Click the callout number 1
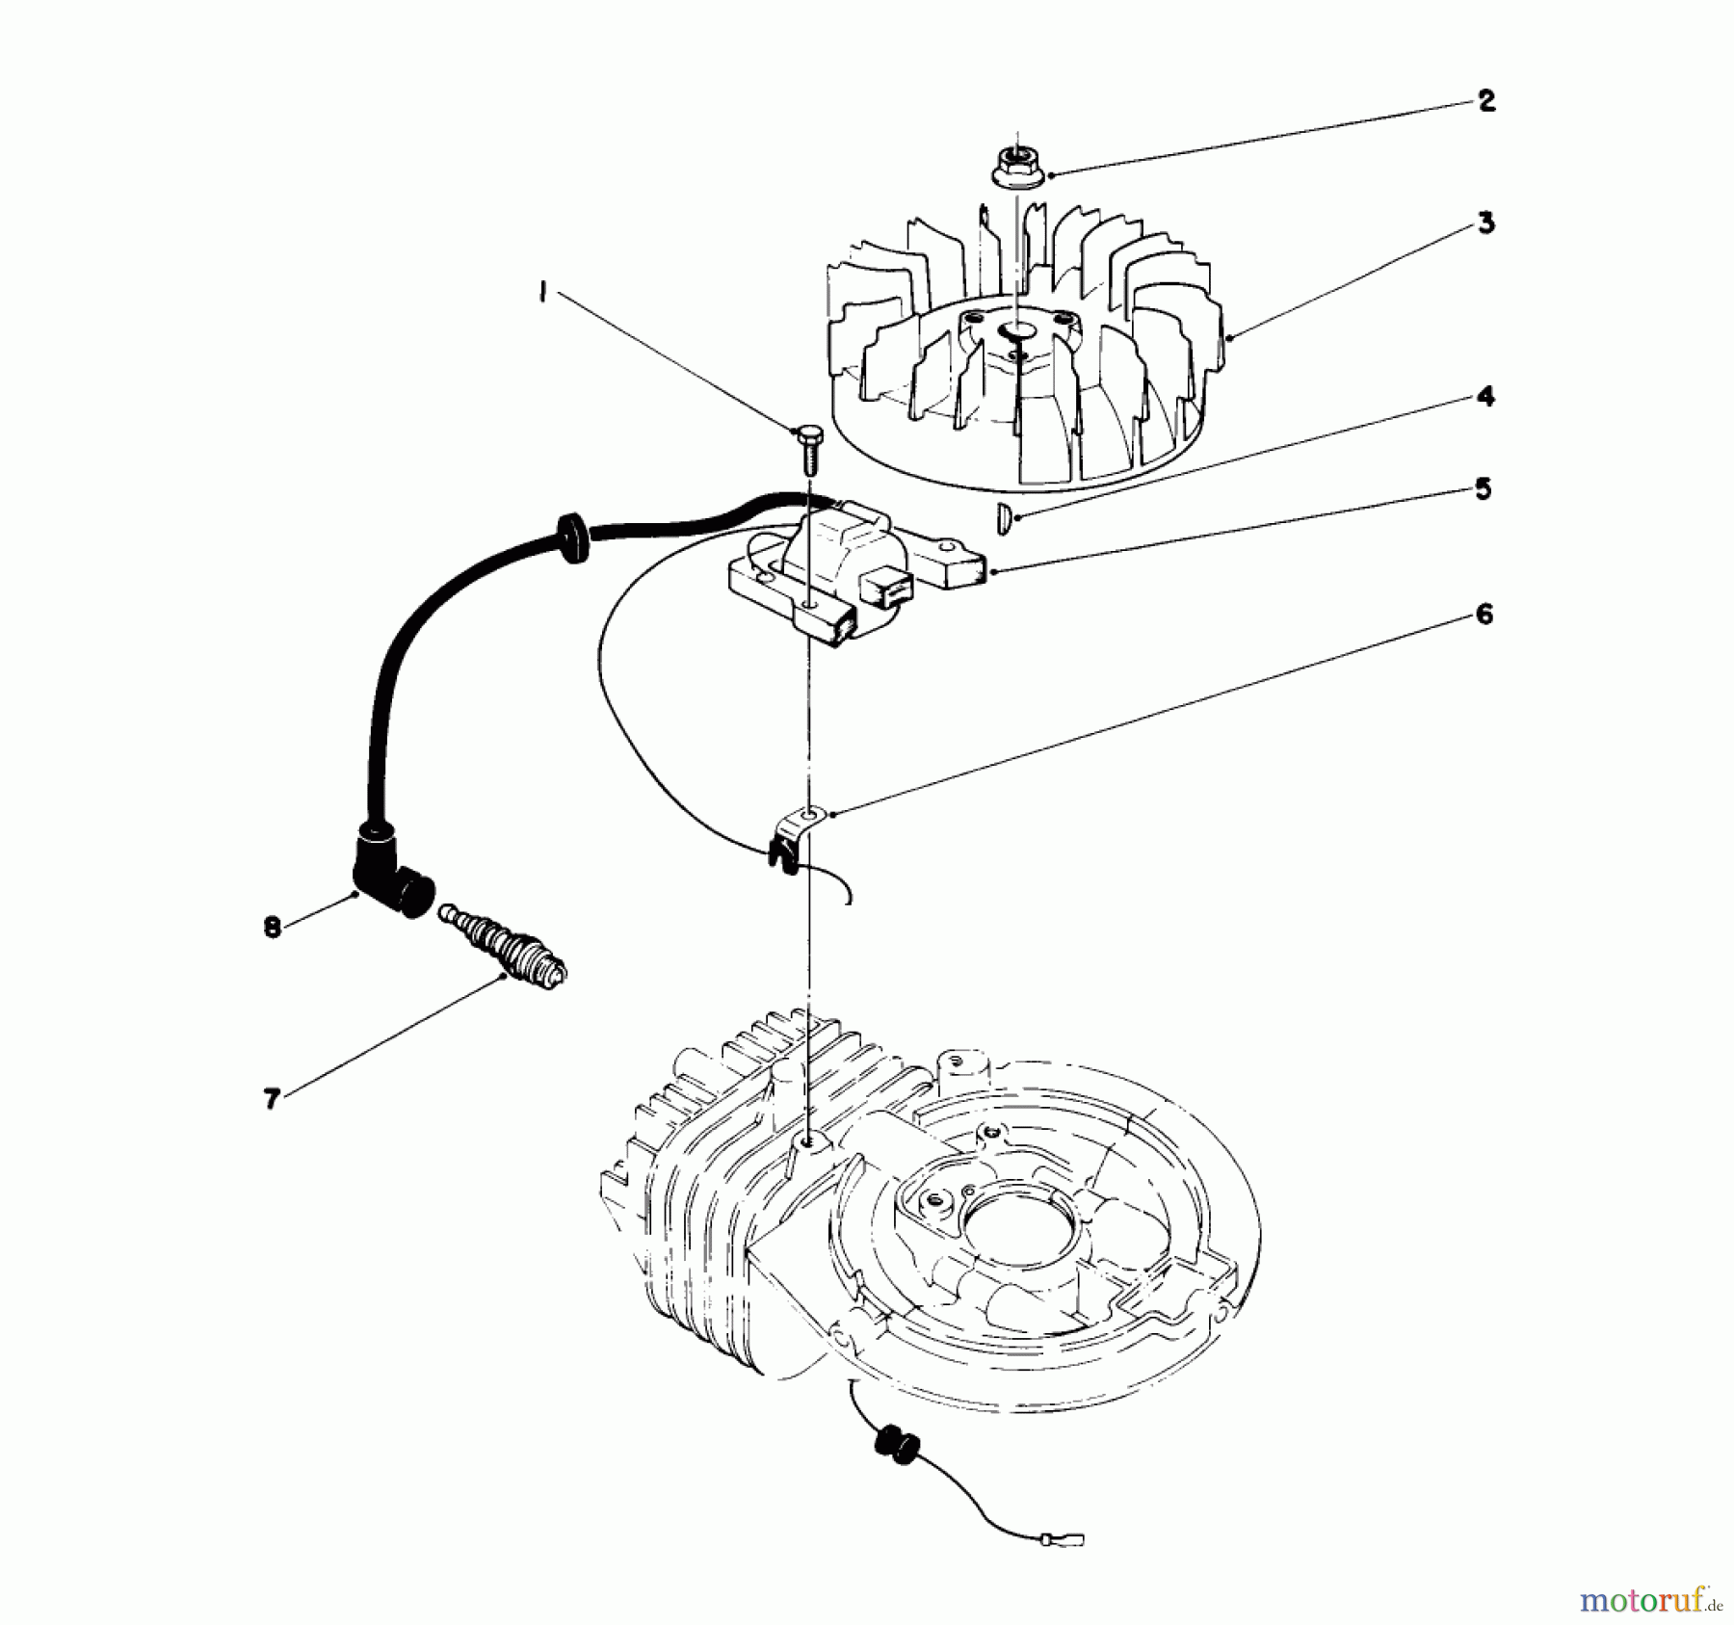(544, 293)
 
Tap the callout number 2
(1486, 101)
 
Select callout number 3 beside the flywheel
(1486, 223)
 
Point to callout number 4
(1486, 396)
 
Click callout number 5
(1484, 488)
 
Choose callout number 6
(1484, 614)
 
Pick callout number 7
(273, 1099)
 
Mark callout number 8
(273, 928)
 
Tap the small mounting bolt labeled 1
(807, 445)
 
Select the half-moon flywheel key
(1003, 519)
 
